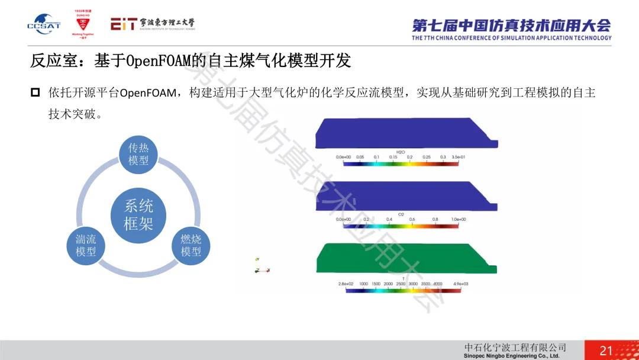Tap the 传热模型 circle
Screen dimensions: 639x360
coord(138,154)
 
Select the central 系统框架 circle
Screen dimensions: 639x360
coord(138,214)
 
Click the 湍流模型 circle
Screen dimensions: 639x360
coord(86,246)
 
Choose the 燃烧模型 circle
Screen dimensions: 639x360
coord(191,246)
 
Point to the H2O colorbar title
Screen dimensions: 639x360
coord(400,152)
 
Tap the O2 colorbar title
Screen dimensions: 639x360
coord(400,214)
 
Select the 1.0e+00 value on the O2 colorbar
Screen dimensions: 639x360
coord(458,219)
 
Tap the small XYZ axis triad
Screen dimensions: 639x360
coord(258,266)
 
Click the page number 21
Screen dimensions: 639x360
coord(606,351)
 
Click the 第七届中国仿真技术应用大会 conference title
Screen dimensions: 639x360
coord(511,25)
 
